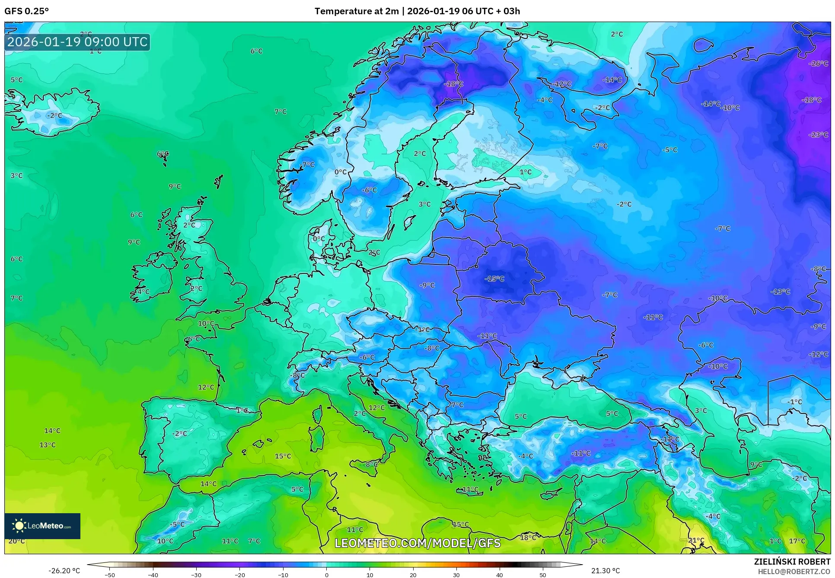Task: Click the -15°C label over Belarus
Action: pyautogui.click(x=494, y=279)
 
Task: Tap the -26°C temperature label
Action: pyautogui.click(x=818, y=64)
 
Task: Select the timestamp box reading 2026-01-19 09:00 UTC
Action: pyautogui.click(x=77, y=42)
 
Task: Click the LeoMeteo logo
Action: pyautogui.click(x=42, y=526)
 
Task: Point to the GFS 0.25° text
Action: pyautogui.click(x=26, y=11)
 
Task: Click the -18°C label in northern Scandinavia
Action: pyautogui.click(x=453, y=84)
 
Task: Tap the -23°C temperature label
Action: pyautogui.click(x=818, y=135)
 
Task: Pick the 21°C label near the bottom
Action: pyautogui.click(x=696, y=540)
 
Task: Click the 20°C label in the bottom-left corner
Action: pyautogui.click(x=16, y=541)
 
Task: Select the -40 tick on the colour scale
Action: pyautogui.click(x=153, y=575)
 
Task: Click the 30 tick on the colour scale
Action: pyautogui.click(x=456, y=575)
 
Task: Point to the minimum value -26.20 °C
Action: pyautogui.click(x=64, y=571)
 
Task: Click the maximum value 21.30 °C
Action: pyautogui.click(x=605, y=571)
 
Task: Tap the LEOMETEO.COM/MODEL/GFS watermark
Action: pyautogui.click(x=417, y=543)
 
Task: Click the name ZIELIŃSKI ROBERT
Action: pyautogui.click(x=792, y=562)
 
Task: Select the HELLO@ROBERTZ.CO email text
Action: pyautogui.click(x=794, y=572)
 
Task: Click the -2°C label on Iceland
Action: pyautogui.click(x=54, y=116)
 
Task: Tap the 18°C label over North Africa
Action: pyautogui.click(x=528, y=538)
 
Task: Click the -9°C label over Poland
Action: pyautogui.click(x=427, y=285)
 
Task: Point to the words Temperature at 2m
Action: pyautogui.click(x=357, y=11)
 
